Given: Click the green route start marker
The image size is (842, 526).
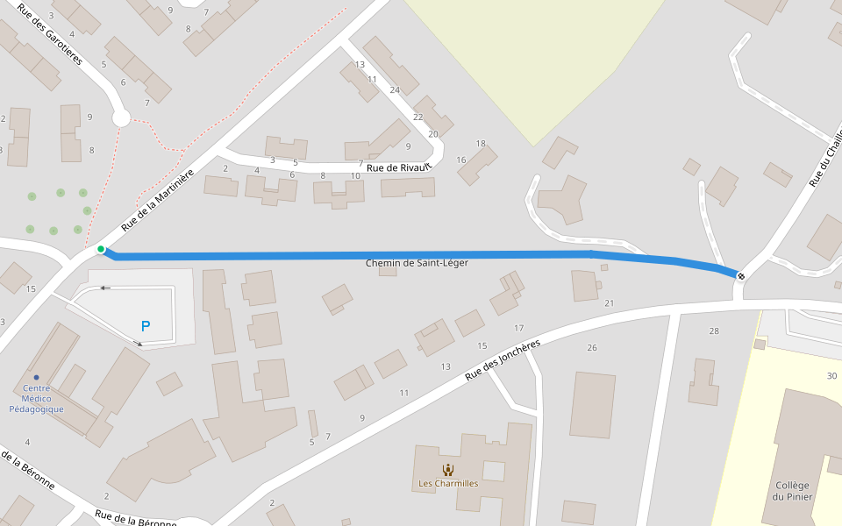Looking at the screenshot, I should (101, 250).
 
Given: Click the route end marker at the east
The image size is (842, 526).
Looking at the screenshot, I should (742, 276).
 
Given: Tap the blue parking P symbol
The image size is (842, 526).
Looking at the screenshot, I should (146, 326).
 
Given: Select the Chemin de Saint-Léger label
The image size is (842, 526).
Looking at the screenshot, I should (417, 263).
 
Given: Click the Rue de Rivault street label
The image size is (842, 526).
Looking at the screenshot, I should (399, 167).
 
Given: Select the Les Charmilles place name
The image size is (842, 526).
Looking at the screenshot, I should (448, 483).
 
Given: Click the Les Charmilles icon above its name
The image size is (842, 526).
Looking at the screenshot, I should (448, 469).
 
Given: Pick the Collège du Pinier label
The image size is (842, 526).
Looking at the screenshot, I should (794, 491).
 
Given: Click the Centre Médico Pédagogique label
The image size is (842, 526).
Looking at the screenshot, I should (36, 398).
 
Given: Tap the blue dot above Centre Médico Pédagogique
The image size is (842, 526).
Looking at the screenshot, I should (36, 377).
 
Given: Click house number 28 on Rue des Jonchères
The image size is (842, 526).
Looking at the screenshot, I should (714, 331).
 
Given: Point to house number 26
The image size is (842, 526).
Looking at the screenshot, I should (592, 348).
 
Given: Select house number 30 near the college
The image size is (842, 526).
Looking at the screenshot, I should (831, 376).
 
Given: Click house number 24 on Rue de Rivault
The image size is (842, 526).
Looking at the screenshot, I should (395, 90).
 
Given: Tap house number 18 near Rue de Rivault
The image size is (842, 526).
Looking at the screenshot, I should (481, 144).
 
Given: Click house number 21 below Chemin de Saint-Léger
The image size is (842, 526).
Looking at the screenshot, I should (610, 303).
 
